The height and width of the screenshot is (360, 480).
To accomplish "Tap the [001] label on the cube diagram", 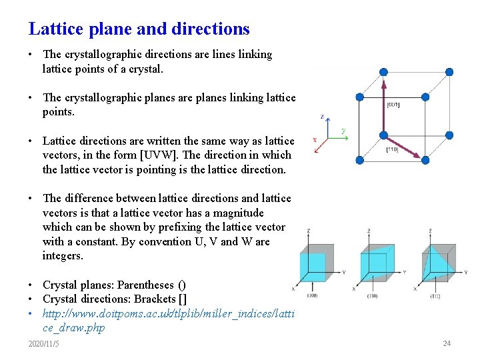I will [x=393, y=104].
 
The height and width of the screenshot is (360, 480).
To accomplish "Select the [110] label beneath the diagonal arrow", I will [x=393, y=150].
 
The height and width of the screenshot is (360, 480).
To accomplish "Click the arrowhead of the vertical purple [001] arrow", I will [x=383, y=85].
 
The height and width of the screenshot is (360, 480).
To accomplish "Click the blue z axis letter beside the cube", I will [x=322, y=117].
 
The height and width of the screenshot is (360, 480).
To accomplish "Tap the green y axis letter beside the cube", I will [x=343, y=131].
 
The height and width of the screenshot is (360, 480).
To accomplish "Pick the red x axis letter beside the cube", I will [x=315, y=140].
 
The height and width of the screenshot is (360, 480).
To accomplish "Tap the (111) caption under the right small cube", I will [x=435, y=295].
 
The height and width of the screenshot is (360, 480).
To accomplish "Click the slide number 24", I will [x=447, y=343].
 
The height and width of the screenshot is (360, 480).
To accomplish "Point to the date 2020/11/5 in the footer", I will [x=43, y=343].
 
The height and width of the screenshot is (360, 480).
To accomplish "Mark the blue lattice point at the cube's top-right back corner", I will [x=449, y=71].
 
